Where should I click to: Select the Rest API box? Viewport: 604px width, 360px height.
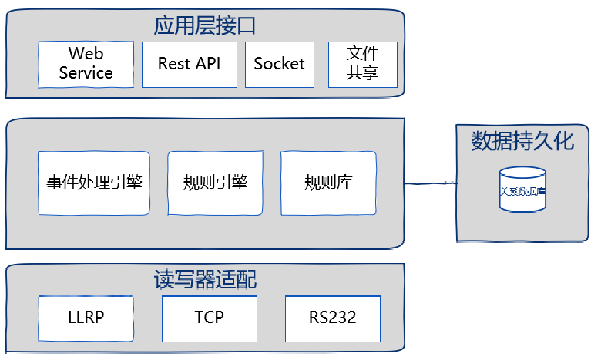click(x=189, y=64)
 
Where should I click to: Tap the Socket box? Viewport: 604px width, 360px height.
click(x=279, y=64)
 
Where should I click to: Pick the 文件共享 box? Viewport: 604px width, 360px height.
click(x=363, y=64)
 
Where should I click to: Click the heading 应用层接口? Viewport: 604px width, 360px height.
click(x=204, y=26)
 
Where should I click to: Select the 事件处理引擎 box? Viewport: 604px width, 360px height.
click(x=94, y=183)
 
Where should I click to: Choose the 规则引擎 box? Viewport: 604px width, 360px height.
click(x=215, y=183)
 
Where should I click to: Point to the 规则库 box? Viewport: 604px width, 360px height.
click(x=328, y=183)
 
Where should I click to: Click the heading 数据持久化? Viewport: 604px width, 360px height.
click(x=522, y=142)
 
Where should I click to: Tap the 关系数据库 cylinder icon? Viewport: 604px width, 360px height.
click(x=522, y=190)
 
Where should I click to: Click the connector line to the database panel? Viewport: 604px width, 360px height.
click(x=430, y=184)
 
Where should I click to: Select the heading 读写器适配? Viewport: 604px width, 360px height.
click(x=205, y=280)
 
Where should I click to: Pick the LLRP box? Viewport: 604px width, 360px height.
click(x=86, y=318)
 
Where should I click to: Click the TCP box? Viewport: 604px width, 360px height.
click(x=209, y=318)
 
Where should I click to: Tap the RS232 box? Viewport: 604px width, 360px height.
click(x=333, y=318)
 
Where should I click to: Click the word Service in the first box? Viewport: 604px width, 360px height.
click(x=86, y=73)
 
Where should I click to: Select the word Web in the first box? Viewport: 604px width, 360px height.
click(x=86, y=54)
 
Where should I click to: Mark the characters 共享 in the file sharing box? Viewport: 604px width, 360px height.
click(x=363, y=73)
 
